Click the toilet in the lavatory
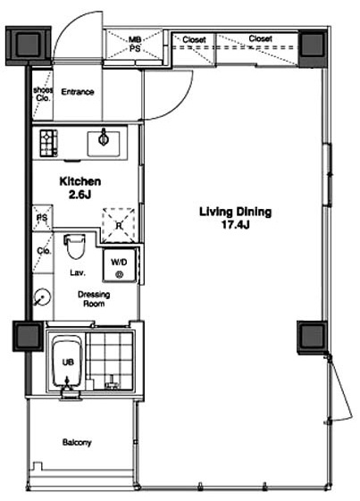point(75,246)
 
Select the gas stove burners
point(48,143)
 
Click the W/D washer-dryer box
point(119,266)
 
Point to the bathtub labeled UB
point(67,362)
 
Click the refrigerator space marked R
point(119,225)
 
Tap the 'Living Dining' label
point(236,212)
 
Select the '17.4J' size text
point(236,225)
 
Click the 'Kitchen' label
point(80,181)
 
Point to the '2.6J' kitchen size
point(80,195)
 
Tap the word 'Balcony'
point(77,443)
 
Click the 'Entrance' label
point(78,92)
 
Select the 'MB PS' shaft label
point(135,45)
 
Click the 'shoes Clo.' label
point(43,95)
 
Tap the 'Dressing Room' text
point(94,299)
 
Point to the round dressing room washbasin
point(42,297)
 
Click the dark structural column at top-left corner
point(29,45)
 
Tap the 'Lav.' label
point(78,273)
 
